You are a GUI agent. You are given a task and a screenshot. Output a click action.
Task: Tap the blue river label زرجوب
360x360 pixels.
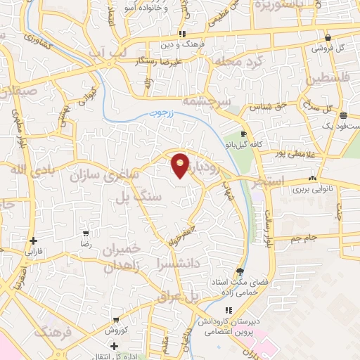click(160, 112)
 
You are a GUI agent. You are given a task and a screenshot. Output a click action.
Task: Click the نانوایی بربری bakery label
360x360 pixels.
click(311, 190)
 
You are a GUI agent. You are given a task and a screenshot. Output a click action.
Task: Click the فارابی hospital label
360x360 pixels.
click(34, 250)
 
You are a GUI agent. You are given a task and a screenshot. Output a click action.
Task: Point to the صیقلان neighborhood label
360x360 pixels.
click(21, 91)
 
